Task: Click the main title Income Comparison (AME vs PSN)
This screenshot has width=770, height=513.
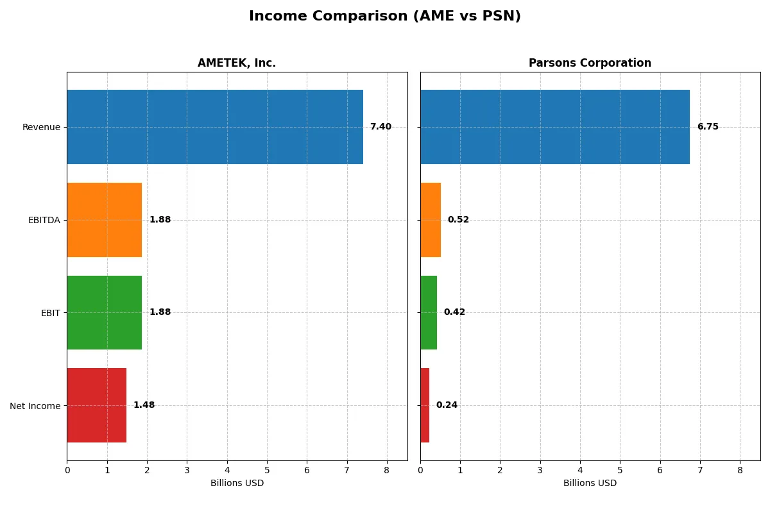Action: pyautogui.click(x=384, y=17)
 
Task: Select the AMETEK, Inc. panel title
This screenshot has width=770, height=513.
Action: pyautogui.click(x=237, y=63)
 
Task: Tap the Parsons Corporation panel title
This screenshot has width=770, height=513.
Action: pyautogui.click(x=590, y=63)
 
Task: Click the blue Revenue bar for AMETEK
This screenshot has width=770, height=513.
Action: pyautogui.click(x=215, y=127)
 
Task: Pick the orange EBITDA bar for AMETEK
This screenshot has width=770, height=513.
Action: pyautogui.click(x=105, y=220)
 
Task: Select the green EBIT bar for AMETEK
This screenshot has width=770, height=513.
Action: pyautogui.click(x=105, y=312)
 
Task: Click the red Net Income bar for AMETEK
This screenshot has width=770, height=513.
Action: pyautogui.click(x=96, y=405)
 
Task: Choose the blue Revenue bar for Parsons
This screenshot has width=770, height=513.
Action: pyautogui.click(x=555, y=127)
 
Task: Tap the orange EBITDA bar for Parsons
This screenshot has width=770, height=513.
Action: pyautogui.click(x=431, y=220)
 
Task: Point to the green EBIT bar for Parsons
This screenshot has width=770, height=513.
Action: pyautogui.click(x=429, y=312)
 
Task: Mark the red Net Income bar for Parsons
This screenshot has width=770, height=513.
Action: pyautogui.click(x=425, y=405)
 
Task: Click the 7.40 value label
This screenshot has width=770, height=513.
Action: pyautogui.click(x=381, y=127)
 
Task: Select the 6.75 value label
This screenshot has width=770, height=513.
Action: pyautogui.click(x=708, y=127)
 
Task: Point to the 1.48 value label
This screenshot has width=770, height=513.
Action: pyautogui.click(x=144, y=405)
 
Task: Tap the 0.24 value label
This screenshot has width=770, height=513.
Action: pyautogui.click(x=447, y=405)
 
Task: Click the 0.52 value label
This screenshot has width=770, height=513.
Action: pyautogui.click(x=458, y=220)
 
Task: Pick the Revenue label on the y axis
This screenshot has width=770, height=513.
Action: pyautogui.click(x=41, y=127)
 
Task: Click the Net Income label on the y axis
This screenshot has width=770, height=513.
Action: pyautogui.click(x=35, y=406)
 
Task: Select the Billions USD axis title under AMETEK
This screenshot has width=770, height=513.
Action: pyautogui.click(x=237, y=484)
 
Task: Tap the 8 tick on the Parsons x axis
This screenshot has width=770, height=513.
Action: pyautogui.click(x=740, y=470)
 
